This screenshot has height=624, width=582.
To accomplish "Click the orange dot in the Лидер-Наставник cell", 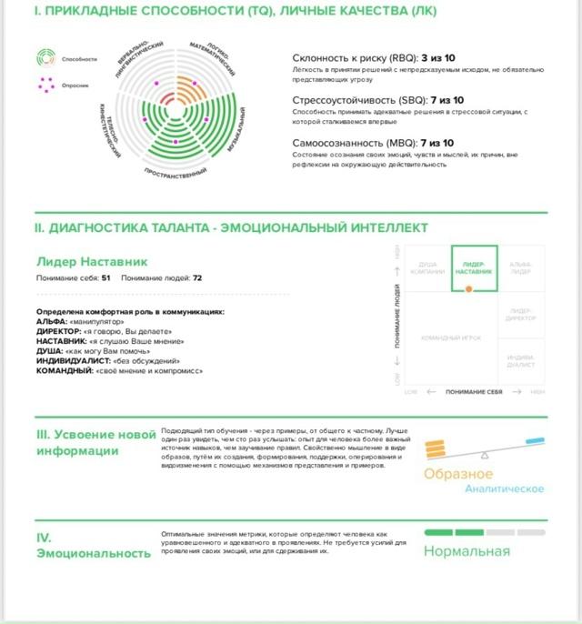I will click(x=468, y=288).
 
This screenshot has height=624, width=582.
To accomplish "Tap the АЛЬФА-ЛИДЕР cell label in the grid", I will click(x=521, y=268).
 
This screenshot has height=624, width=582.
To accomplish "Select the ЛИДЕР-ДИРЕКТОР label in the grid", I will click(x=521, y=315).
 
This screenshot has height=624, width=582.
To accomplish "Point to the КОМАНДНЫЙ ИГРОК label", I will click(x=451, y=338).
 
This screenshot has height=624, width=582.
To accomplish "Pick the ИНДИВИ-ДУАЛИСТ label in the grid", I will click(x=521, y=360).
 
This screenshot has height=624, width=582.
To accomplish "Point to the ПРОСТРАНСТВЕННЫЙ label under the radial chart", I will click(x=176, y=170).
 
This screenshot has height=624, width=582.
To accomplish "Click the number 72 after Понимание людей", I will click(x=197, y=278).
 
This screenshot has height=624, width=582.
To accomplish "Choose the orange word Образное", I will click(x=458, y=474).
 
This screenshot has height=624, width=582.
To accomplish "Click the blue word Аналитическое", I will click(x=504, y=489).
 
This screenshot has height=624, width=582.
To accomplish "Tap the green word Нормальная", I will click(x=467, y=551).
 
